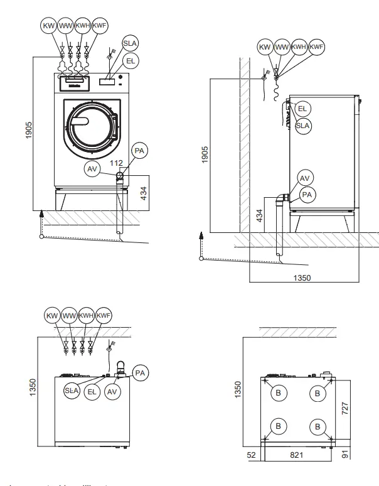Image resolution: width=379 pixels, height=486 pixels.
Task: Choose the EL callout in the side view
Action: coord(302,109)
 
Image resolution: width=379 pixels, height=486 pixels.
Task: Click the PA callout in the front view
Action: coord(138,150)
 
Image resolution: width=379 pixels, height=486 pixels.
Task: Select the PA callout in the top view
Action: coord(141,372)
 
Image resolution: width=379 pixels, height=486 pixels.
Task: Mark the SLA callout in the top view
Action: coord(72,391)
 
